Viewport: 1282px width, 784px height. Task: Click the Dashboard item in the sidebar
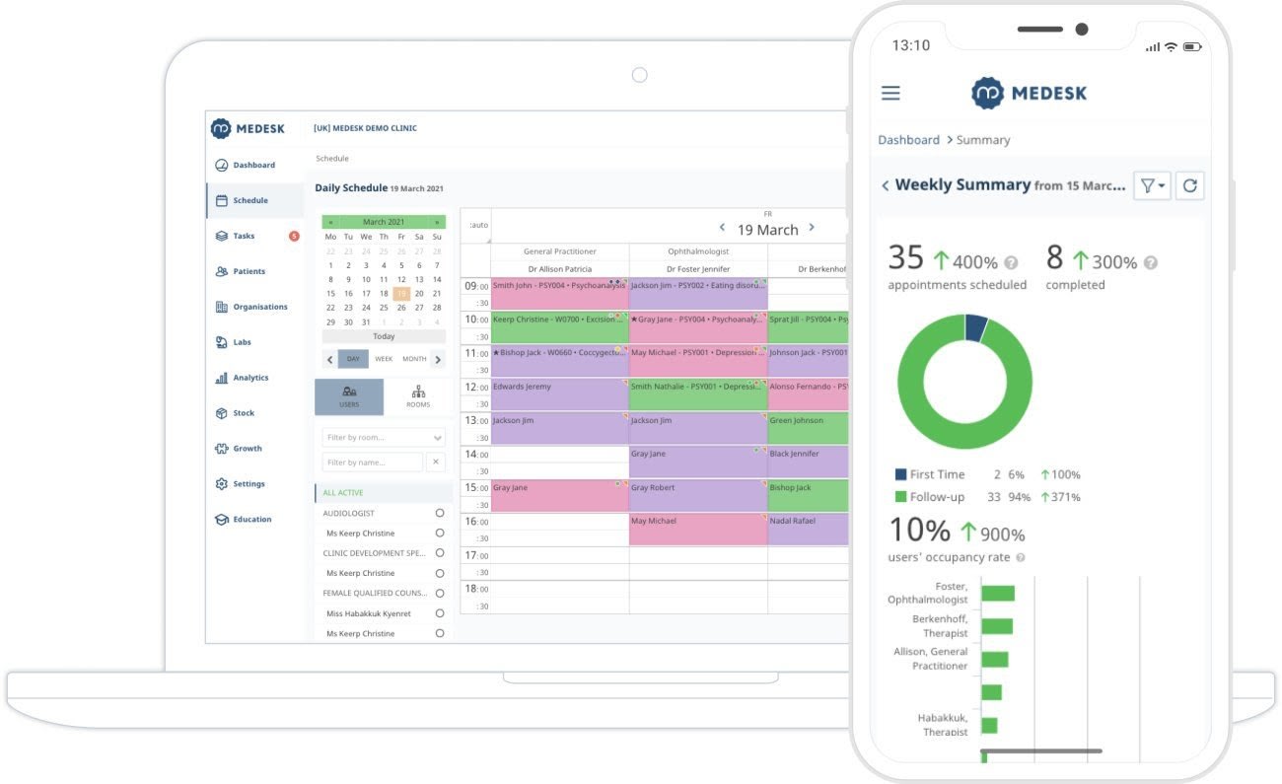[252, 165]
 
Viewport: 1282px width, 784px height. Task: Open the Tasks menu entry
[243, 236]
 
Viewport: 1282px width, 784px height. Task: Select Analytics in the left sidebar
[249, 378]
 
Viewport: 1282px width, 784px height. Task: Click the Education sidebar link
[251, 520]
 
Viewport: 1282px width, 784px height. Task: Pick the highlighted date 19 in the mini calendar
[401, 293]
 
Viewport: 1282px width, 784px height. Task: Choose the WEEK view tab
[383, 359]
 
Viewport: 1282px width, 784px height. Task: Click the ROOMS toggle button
[418, 396]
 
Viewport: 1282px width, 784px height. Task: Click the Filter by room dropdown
[384, 437]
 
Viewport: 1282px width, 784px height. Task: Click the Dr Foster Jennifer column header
[698, 268]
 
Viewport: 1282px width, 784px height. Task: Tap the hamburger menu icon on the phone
[890, 93]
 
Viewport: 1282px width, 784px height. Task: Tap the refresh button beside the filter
[1189, 185]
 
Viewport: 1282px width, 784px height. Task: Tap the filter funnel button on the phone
[1151, 185]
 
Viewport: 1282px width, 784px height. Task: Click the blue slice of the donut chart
[974, 327]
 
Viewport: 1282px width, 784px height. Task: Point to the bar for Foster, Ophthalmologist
[997, 593]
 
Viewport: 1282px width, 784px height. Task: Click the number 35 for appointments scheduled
[905, 257]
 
